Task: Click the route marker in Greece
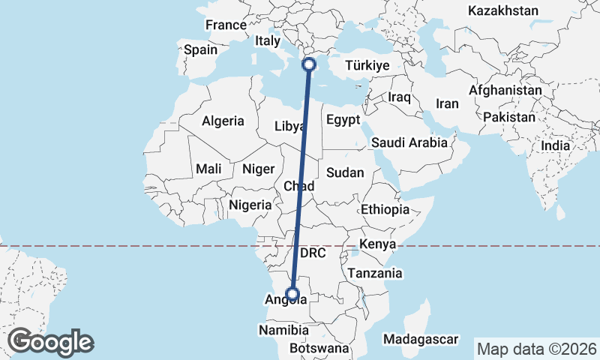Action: point(308,65)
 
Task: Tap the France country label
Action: point(226,25)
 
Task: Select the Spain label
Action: point(200,50)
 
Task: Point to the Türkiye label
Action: point(367,66)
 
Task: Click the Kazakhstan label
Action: point(502,10)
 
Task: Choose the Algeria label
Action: point(223,120)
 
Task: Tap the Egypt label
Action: point(343,120)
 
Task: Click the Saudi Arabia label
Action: point(409,142)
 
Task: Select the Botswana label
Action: point(319,349)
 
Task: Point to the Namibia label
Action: point(283,330)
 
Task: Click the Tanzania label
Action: point(375,273)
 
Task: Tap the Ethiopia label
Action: point(385,209)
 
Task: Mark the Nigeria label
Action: point(250,204)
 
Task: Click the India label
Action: point(555,146)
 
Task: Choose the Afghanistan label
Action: point(505,90)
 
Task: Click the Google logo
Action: point(50,342)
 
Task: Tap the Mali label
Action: point(208,169)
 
